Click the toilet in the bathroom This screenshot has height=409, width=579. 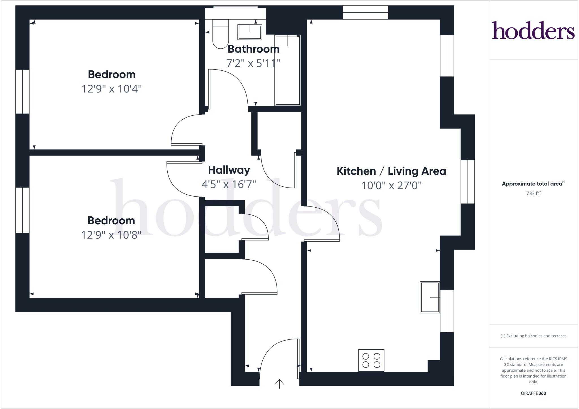click(x=221, y=34)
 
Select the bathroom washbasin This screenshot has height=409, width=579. click(x=250, y=32)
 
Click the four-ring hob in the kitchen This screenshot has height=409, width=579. click(x=371, y=360)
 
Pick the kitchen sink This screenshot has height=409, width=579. click(x=430, y=297)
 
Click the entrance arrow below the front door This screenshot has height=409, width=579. click(x=279, y=384)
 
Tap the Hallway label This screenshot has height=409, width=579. click(x=229, y=170)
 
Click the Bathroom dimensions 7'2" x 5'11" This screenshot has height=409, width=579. click(x=253, y=63)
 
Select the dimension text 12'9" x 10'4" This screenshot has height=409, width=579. click(x=112, y=89)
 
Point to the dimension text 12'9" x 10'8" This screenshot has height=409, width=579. click(x=111, y=235)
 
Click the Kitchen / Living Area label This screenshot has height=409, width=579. click(x=391, y=171)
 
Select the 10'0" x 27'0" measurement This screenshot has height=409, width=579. click(x=392, y=186)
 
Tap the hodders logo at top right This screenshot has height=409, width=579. click(x=533, y=30)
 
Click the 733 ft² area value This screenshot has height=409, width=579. click(x=533, y=193)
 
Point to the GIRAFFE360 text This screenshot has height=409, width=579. click(x=533, y=393)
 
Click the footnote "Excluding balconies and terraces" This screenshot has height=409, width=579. click(x=533, y=336)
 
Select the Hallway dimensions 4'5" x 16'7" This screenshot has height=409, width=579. click(x=229, y=184)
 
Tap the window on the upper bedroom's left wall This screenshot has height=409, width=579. click(x=22, y=92)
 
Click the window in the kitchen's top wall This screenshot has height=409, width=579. click(x=365, y=12)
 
